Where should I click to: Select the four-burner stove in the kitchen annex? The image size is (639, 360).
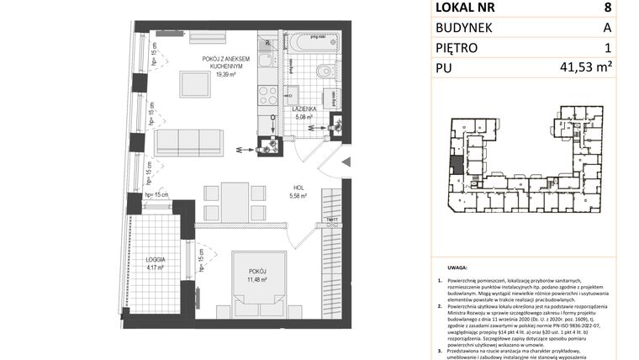click(267, 94)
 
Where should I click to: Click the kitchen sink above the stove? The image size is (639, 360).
click(267, 61)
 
